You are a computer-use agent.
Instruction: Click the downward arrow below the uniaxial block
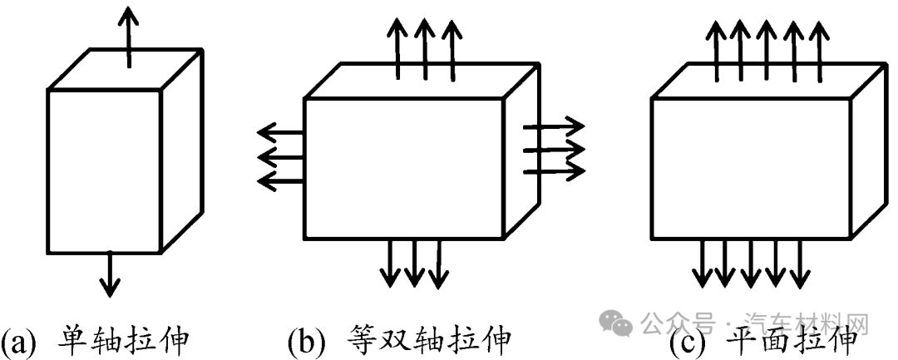click(x=108, y=274)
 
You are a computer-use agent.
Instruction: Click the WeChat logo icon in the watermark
click(x=621, y=320)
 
